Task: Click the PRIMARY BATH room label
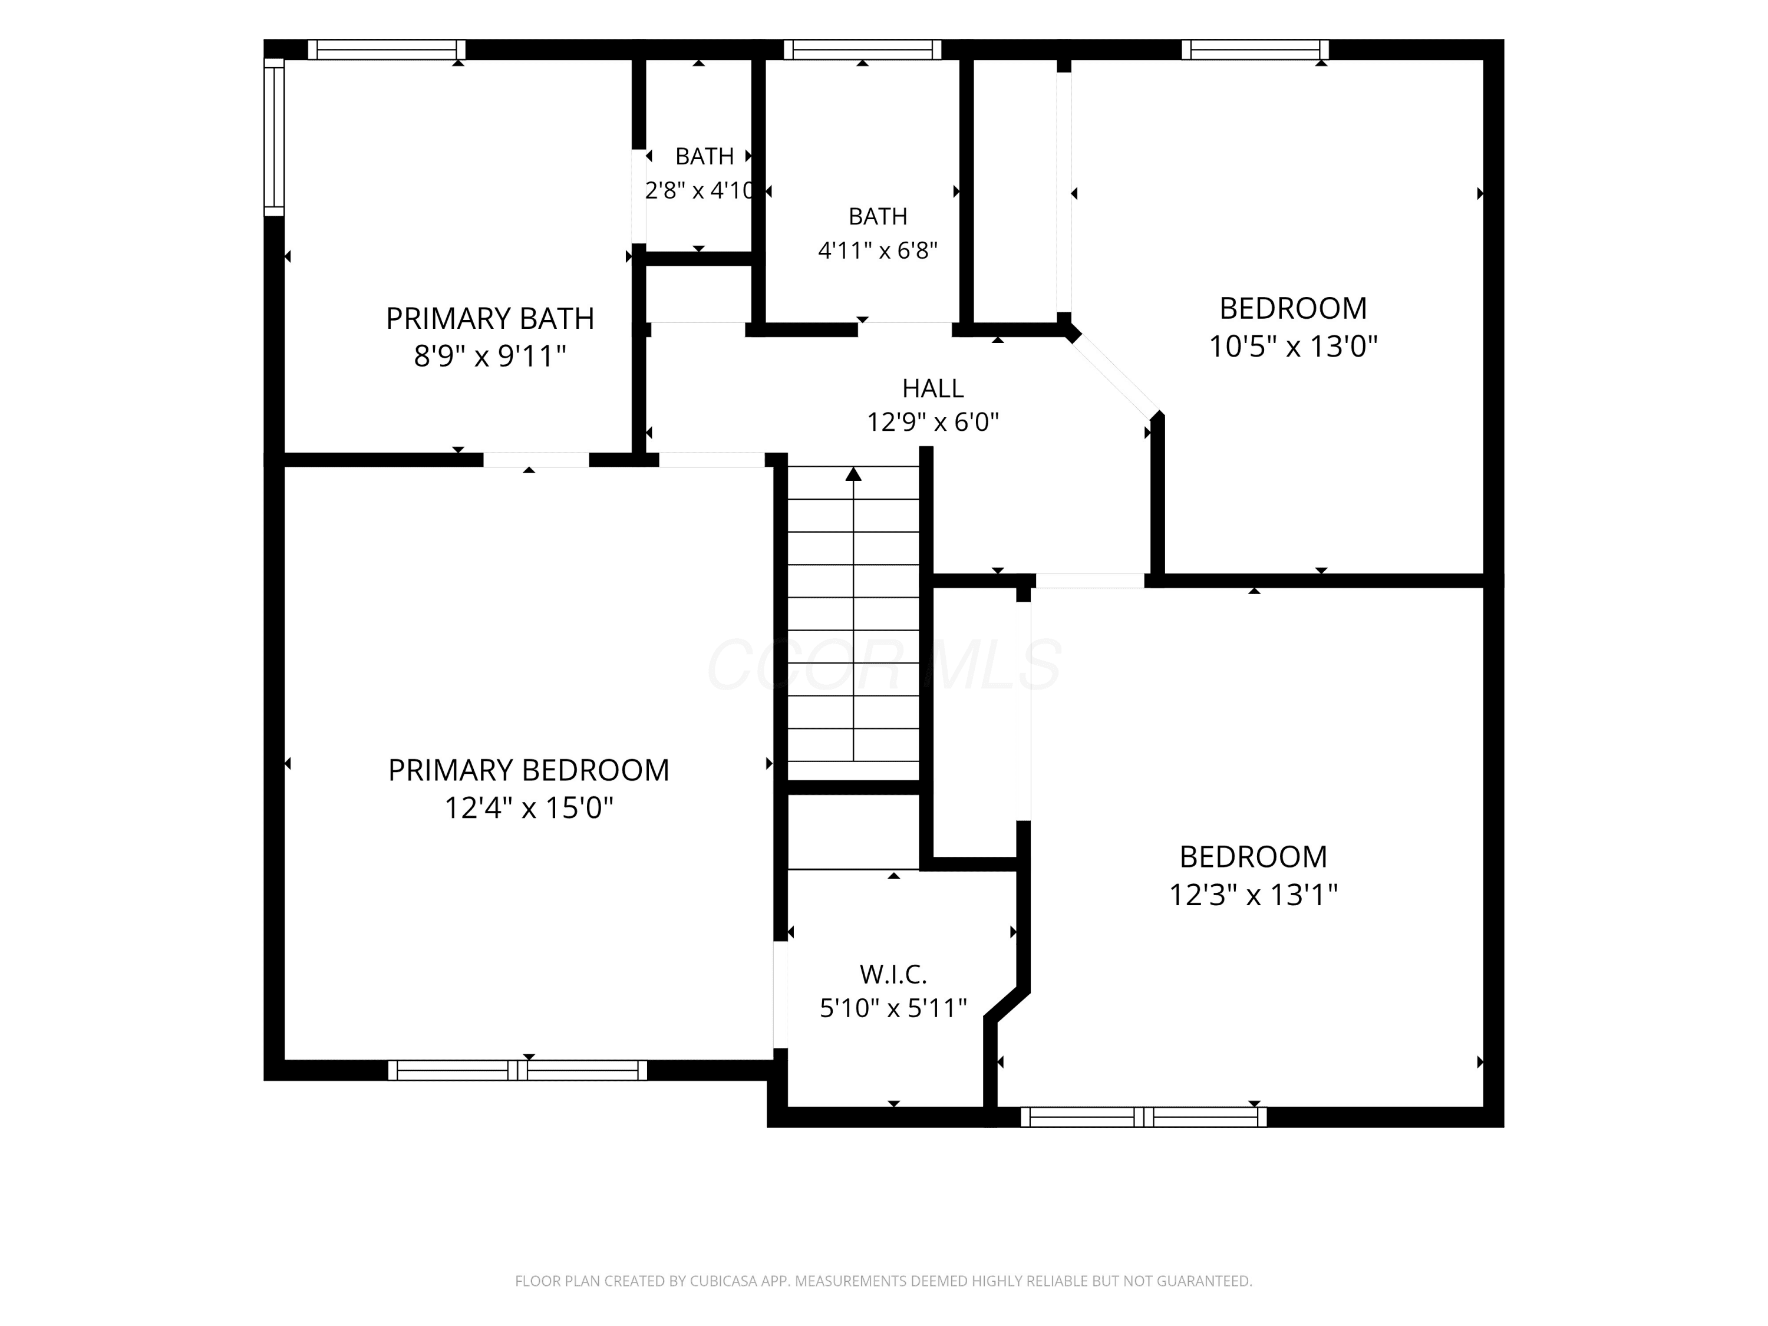490,318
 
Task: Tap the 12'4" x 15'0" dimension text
528,807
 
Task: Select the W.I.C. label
893,974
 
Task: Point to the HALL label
933,388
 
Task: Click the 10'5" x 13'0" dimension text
1292,346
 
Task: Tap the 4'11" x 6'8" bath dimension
878,250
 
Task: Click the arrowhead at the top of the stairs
853,474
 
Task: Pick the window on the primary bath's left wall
274,137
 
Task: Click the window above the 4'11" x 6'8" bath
862,50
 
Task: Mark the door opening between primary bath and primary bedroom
536,460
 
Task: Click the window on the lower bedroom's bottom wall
1144,1117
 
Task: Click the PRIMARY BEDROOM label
528,770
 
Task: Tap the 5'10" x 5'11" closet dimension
893,1008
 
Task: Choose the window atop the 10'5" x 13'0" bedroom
1255,50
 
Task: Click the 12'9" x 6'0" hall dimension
933,421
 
